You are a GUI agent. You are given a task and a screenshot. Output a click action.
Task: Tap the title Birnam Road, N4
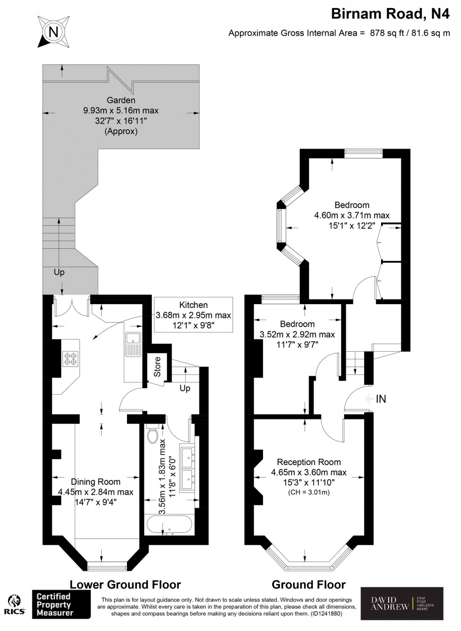[390, 15]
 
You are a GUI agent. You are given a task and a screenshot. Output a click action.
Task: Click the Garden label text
[120, 100]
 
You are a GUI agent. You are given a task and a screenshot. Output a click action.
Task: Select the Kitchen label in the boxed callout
[193, 305]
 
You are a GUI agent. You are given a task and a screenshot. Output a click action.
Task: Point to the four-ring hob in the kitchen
[70, 359]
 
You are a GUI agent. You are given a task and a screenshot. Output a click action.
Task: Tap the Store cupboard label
[157, 367]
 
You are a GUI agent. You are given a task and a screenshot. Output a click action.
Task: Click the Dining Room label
[95, 482]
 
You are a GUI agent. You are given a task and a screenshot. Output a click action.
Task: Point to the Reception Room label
[309, 462]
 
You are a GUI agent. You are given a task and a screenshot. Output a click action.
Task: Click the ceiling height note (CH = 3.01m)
[309, 492]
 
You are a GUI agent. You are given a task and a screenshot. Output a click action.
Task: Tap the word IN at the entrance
[381, 399]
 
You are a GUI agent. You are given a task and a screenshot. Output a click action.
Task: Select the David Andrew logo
[402, 603]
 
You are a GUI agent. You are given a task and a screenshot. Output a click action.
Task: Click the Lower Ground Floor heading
[125, 584]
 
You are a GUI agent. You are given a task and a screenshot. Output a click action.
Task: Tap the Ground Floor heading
[309, 584]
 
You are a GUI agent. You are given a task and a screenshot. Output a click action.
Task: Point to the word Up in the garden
[59, 272]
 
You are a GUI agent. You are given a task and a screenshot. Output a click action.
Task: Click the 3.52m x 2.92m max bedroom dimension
[297, 334]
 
